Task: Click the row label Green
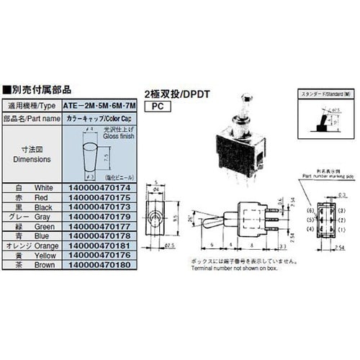(x=42, y=225)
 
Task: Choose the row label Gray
(x=42, y=215)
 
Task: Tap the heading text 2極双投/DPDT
(x=177, y=92)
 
